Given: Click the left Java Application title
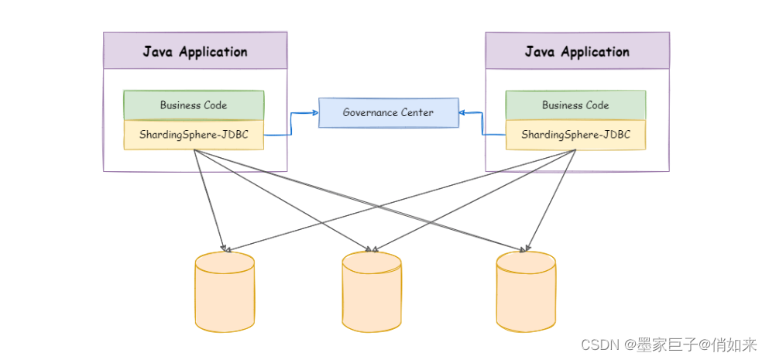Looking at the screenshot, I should point(195,52).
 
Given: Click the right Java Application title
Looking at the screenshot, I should point(577,52).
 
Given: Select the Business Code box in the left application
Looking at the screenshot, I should point(194,105).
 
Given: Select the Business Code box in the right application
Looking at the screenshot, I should point(575,105).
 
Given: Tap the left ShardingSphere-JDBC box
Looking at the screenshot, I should point(194,135).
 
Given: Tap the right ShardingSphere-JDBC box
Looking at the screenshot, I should point(575,135).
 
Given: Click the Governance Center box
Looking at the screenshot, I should point(388,113).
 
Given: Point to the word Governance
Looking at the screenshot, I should point(370,113).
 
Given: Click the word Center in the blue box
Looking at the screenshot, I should point(417,113).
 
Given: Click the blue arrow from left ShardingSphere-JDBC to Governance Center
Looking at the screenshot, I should point(290,124).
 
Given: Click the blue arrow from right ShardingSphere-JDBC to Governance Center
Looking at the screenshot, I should point(483,124).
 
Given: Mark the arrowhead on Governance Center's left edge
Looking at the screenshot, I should point(315,113).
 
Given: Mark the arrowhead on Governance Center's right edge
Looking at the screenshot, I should point(462,113).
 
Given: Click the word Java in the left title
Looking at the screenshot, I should point(158,52).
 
